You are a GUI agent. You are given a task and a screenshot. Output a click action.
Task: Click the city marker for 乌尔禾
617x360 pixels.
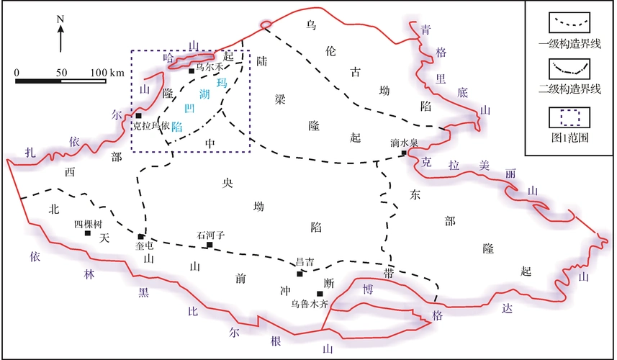192,71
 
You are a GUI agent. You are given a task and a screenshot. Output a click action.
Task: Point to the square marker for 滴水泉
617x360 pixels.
405,153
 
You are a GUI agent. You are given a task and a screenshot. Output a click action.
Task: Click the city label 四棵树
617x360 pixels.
88,224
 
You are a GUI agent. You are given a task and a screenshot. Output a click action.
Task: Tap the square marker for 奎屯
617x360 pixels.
141,237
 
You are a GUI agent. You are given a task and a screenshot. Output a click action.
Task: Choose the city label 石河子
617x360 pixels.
211,235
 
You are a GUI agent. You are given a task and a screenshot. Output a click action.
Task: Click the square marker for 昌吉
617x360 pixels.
300,274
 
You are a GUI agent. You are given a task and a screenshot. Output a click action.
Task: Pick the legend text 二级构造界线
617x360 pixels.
569,90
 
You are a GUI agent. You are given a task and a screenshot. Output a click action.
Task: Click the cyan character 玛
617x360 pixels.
222,83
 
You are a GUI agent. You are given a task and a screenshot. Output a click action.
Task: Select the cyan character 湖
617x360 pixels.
204,94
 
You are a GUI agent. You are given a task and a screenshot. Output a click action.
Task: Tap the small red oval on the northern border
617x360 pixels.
265,26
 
